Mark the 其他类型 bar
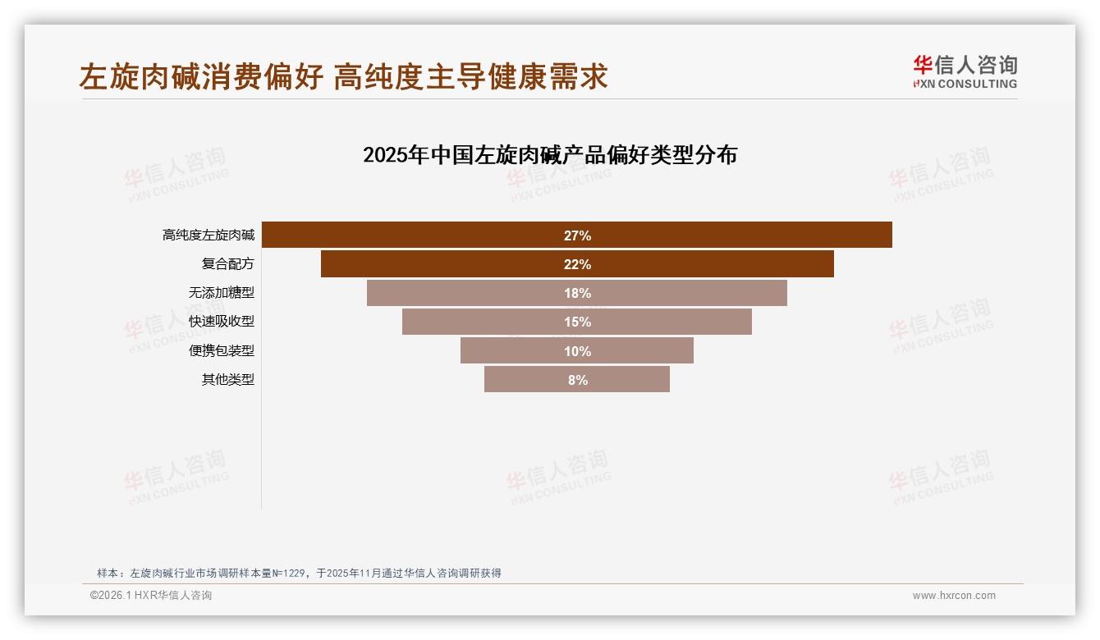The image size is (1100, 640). [x=525, y=380]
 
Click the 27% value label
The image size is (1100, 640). [x=577, y=235]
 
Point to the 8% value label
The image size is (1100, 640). [x=577, y=380]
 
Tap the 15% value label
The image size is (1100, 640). [x=577, y=322]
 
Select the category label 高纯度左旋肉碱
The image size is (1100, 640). [x=209, y=235]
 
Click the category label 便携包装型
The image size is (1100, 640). [x=222, y=351]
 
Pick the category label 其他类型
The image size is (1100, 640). [x=228, y=380]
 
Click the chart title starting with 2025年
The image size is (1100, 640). [x=550, y=155]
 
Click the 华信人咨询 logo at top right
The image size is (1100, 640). [x=965, y=72]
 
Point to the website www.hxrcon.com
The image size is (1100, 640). [x=954, y=596]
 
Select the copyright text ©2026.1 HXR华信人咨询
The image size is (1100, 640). [x=151, y=596]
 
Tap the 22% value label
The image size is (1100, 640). [x=577, y=264]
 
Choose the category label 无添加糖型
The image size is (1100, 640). [x=222, y=293]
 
